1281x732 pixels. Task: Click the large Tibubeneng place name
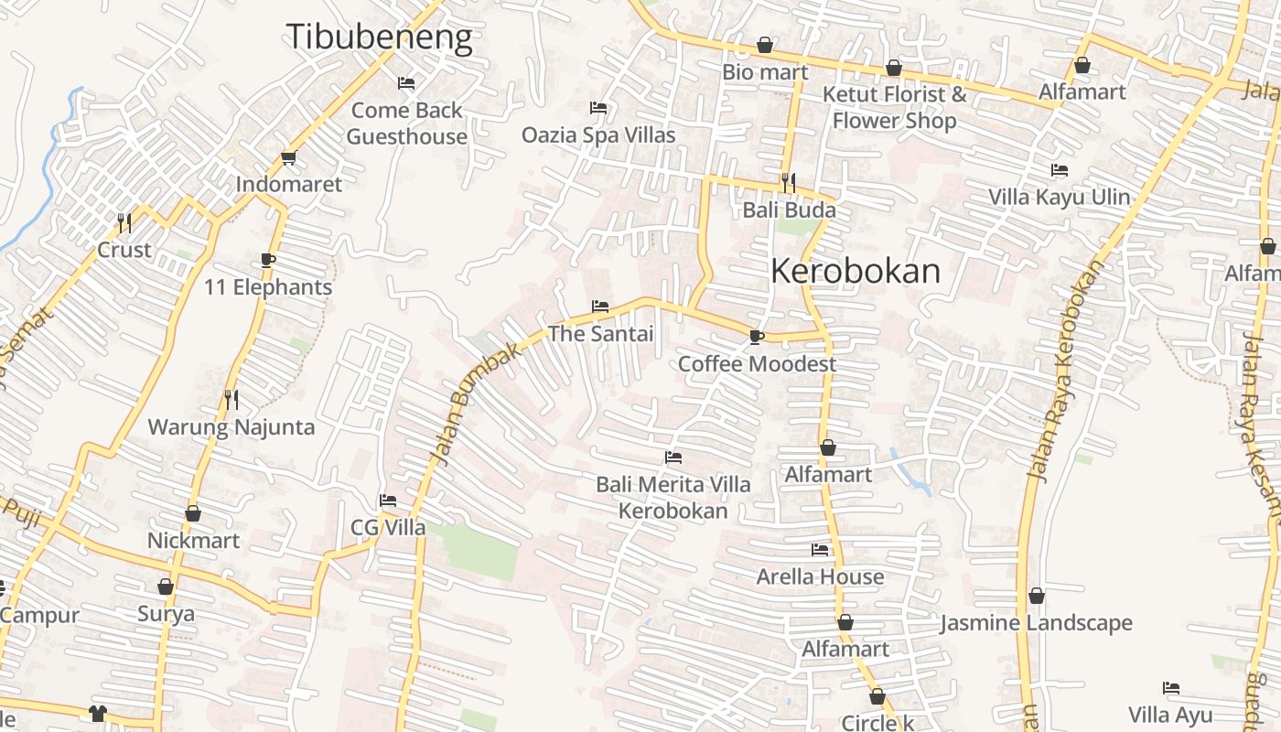pos(380,37)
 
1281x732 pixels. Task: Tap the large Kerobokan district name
pos(856,271)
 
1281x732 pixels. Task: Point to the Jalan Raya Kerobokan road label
pos(1066,371)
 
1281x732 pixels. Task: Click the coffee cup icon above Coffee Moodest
pos(756,338)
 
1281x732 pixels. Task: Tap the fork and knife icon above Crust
pos(124,222)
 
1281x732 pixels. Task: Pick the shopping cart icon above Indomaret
pos(289,157)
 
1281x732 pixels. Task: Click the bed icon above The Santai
pos(600,306)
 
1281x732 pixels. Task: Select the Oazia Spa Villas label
pos(598,135)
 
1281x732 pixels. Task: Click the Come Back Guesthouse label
pos(407,124)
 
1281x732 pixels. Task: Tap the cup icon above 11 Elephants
pos(267,260)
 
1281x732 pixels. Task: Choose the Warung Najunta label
pos(231,427)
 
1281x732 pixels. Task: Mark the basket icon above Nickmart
pos(193,513)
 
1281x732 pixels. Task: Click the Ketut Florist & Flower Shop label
pos(894,107)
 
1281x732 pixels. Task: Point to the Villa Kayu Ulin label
pos(1059,197)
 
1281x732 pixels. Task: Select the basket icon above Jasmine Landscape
pos(1037,596)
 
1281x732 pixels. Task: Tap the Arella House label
pos(820,577)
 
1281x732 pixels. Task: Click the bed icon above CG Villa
pos(388,501)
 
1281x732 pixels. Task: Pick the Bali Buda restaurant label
pos(789,210)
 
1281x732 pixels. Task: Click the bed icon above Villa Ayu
pos(1170,688)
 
